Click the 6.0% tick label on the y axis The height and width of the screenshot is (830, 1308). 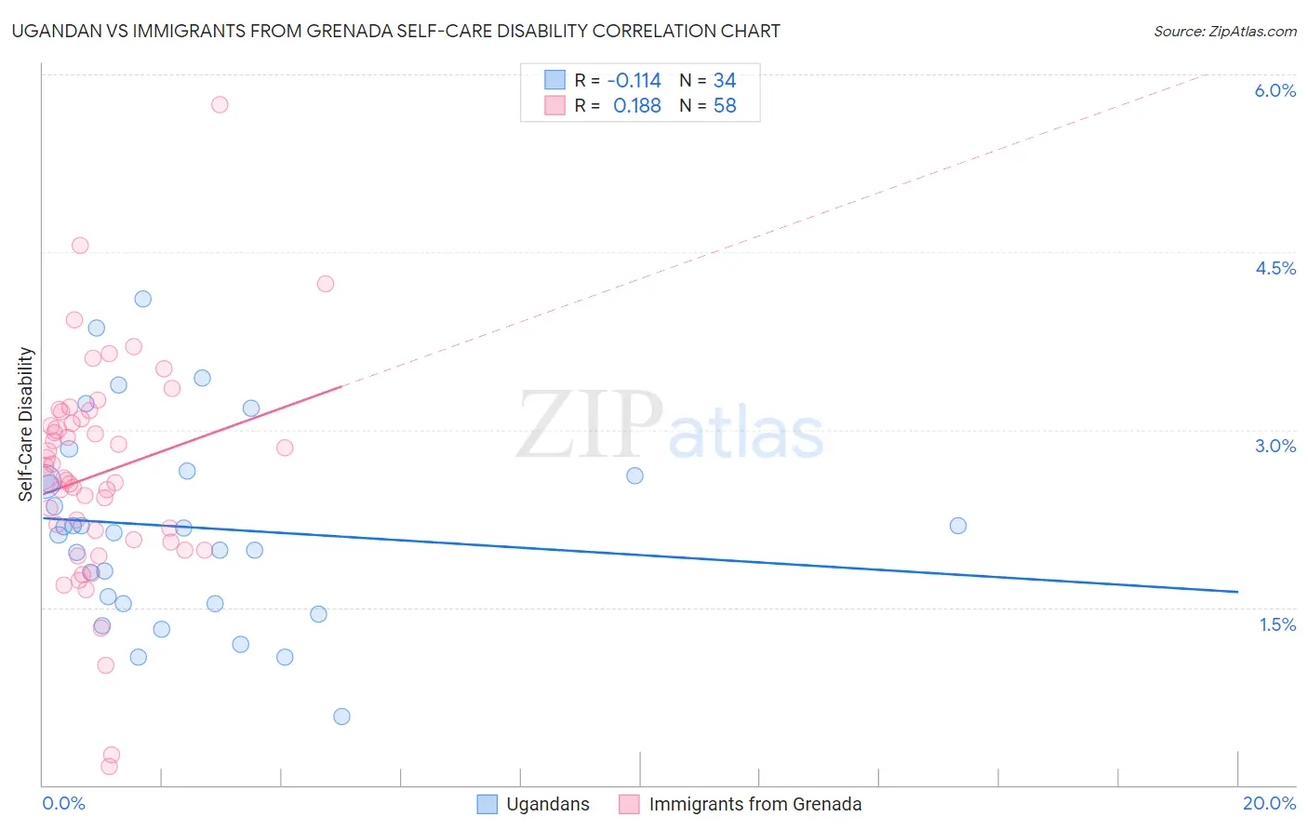click(1275, 90)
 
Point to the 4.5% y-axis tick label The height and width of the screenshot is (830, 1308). click(1275, 268)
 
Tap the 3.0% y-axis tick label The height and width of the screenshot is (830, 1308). click(1275, 446)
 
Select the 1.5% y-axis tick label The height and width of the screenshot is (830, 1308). click(1277, 624)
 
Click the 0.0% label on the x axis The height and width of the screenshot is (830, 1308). click(63, 803)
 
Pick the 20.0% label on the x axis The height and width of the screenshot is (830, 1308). click(1269, 803)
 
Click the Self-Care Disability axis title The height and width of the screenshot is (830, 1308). click(26, 424)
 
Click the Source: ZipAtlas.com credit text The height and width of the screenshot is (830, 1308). click(1224, 31)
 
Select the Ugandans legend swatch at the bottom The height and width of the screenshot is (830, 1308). click(487, 804)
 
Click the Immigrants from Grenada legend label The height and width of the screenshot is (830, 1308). click(754, 804)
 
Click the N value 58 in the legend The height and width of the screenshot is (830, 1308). click(725, 106)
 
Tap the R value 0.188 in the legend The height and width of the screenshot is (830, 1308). click(636, 106)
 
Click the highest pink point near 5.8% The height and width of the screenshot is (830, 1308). click(220, 104)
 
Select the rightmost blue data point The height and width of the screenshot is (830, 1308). click(958, 526)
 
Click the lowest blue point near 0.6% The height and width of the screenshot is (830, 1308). click(341, 716)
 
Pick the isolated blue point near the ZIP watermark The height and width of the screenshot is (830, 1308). click(634, 475)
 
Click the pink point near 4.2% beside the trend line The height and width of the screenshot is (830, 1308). click(326, 284)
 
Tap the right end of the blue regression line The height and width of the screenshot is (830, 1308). click(1237, 592)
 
